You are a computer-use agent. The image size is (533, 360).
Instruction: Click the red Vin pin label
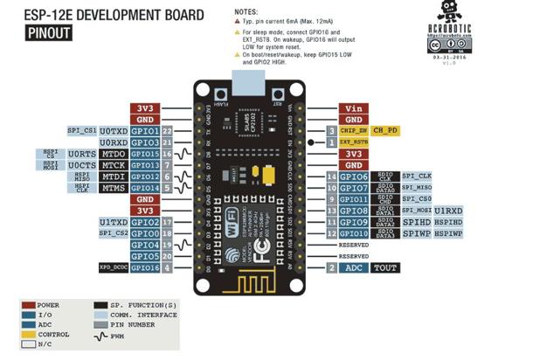pyautogui.click(x=353, y=107)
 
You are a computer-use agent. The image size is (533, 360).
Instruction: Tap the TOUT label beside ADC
pyautogui.click(x=385, y=267)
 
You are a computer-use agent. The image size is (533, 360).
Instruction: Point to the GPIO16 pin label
pyautogui.click(x=146, y=267)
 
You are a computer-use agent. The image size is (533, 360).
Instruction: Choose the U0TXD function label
pyautogui.click(x=114, y=130)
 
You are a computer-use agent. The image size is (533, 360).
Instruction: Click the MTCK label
pyautogui.click(x=114, y=164)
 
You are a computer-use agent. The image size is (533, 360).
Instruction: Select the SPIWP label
pyautogui.click(x=415, y=233)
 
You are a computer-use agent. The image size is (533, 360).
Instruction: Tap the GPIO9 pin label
pyautogui.click(x=353, y=222)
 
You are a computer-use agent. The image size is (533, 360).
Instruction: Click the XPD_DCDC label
pyautogui.click(x=114, y=267)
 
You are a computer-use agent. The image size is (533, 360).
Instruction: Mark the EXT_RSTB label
pyautogui.click(x=354, y=142)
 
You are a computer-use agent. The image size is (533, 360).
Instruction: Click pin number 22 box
pyautogui.click(x=166, y=130)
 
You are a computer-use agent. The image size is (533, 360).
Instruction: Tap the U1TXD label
pyautogui.click(x=114, y=222)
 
